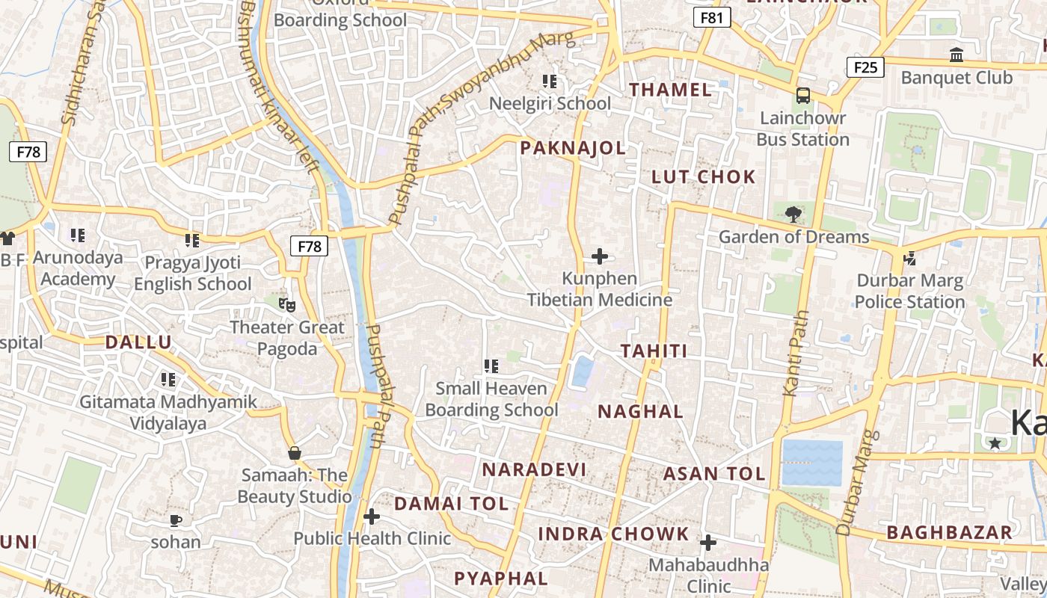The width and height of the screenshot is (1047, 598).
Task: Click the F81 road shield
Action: (711, 17)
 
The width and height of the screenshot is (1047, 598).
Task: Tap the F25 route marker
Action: (865, 67)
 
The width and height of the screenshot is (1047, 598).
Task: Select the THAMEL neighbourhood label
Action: (670, 90)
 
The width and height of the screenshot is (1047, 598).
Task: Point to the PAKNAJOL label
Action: (573, 148)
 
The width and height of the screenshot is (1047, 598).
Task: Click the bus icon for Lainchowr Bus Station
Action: (803, 96)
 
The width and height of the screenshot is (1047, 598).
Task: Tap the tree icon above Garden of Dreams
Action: (793, 215)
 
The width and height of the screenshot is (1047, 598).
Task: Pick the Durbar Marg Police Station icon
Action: (909, 259)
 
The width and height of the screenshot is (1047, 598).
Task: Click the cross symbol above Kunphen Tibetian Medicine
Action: (600, 256)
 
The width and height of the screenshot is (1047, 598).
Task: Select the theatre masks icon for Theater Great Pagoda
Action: (287, 305)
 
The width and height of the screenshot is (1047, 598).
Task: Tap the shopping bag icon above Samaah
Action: (295, 453)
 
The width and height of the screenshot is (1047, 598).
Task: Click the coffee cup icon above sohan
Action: (176, 520)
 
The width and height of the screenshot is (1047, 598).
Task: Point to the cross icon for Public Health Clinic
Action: (372, 517)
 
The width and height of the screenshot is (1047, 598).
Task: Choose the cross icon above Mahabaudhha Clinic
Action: (708, 543)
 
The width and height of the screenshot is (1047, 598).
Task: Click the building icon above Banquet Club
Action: (956, 55)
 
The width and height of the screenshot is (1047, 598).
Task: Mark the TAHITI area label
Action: (654, 351)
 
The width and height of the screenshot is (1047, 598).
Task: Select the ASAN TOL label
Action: (714, 474)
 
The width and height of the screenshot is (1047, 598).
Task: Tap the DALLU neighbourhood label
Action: (138, 342)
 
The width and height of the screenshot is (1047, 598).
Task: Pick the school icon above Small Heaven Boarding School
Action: (491, 366)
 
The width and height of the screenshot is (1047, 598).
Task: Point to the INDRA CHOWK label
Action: (613, 534)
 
